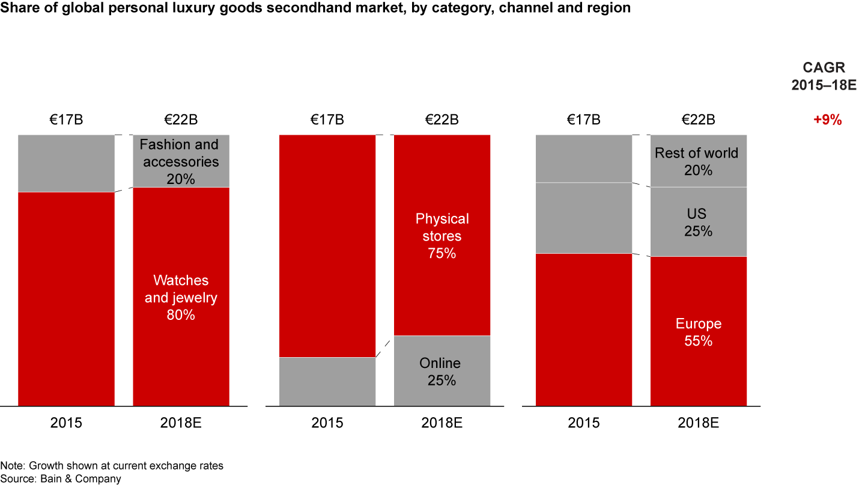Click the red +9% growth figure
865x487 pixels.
point(827,120)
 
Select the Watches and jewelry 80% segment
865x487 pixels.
point(181,297)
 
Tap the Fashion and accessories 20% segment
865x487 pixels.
point(181,161)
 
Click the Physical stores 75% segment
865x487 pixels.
point(442,235)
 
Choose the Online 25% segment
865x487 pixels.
point(442,371)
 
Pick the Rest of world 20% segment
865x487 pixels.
point(698,161)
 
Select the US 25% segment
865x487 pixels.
point(698,222)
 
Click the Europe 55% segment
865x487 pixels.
point(698,332)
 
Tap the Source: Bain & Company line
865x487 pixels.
point(61,479)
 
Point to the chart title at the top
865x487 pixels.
point(315,9)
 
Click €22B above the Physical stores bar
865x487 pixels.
point(442,120)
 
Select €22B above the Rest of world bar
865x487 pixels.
point(698,120)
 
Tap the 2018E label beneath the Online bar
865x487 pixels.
point(442,423)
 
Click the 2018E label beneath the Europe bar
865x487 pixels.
point(698,423)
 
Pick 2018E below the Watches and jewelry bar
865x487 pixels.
point(181,423)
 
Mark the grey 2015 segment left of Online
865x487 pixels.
point(327,381)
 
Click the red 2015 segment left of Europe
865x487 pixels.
point(583,329)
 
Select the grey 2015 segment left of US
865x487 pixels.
point(583,218)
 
